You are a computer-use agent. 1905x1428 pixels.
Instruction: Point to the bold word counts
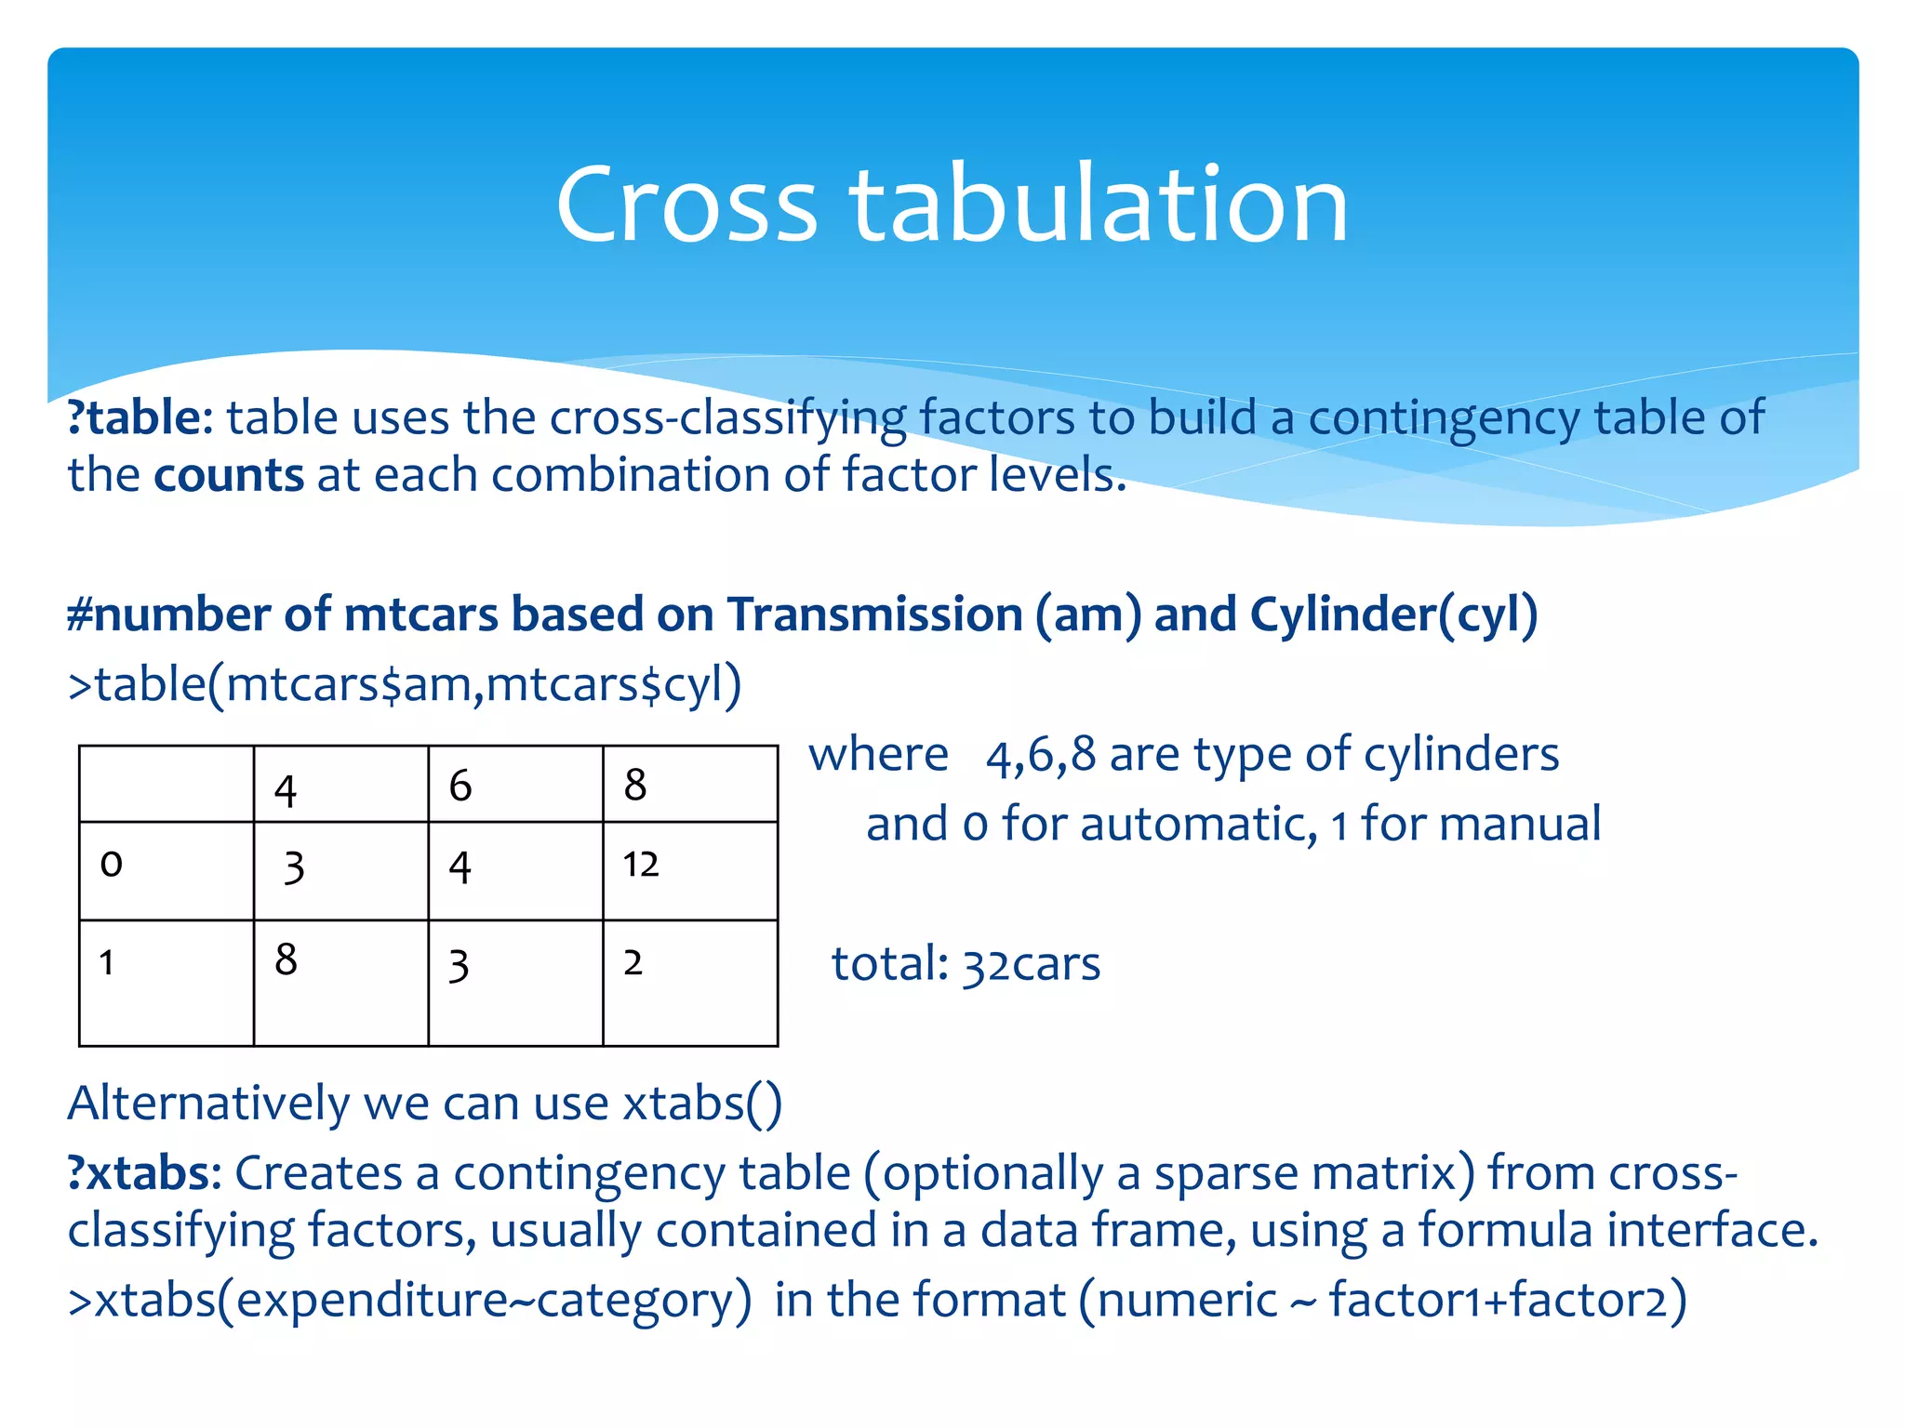(x=229, y=475)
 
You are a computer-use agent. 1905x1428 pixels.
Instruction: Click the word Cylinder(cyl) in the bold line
(x=1392, y=615)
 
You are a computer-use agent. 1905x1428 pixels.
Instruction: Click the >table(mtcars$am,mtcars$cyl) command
(x=405, y=685)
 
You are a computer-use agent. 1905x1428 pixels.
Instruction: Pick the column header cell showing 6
(x=514, y=785)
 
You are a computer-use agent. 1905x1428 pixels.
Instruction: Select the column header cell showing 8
(x=689, y=785)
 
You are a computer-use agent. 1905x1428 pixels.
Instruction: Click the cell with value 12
(x=689, y=870)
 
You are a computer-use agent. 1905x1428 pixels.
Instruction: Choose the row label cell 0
(x=166, y=870)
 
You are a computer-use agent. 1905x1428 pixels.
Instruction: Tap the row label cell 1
(x=166, y=982)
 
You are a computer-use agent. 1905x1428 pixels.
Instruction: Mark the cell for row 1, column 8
(x=689, y=982)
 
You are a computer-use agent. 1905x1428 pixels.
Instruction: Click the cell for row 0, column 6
(x=514, y=870)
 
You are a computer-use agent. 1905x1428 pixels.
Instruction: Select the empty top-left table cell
(x=166, y=784)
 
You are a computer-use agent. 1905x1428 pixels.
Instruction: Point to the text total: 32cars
(x=966, y=963)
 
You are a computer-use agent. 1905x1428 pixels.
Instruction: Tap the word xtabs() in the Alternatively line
(x=702, y=1104)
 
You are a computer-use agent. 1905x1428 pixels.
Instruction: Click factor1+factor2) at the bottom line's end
(x=1507, y=1299)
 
